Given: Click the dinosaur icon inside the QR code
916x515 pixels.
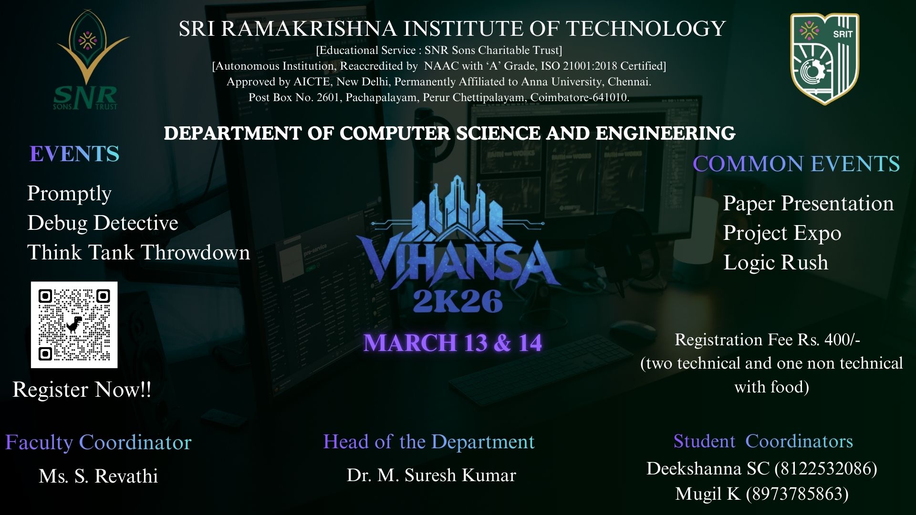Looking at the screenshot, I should (74, 324).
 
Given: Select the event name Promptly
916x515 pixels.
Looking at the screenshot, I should (69, 193).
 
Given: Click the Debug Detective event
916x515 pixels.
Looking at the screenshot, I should (103, 223).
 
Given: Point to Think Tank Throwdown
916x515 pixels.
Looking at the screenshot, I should (138, 252).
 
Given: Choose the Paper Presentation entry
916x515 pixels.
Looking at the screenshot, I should (808, 203).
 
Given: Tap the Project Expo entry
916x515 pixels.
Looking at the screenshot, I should (782, 233).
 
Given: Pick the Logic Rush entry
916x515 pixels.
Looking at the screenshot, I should (776, 262).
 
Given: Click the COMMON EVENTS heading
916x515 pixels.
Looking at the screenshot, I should (796, 164).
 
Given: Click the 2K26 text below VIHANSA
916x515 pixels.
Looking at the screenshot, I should (458, 301).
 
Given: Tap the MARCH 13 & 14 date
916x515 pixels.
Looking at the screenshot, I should (452, 343).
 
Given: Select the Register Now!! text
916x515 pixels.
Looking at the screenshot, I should (82, 390).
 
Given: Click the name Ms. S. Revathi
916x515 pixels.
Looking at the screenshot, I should (98, 476).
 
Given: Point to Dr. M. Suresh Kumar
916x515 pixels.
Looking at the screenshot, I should (431, 475).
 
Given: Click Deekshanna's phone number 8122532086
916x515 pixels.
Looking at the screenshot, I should (825, 469).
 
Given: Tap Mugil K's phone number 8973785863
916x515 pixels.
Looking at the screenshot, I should (797, 494).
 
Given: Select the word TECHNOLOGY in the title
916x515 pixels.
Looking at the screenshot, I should (645, 29).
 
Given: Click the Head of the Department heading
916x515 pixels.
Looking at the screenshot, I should (428, 442).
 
